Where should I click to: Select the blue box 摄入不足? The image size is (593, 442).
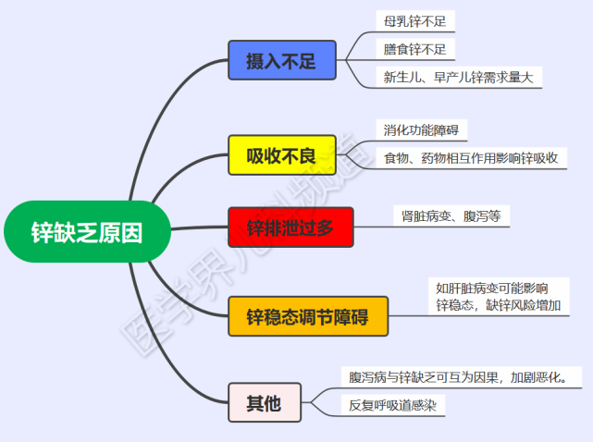(281, 61)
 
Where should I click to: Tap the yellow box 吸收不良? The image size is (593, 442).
(281, 155)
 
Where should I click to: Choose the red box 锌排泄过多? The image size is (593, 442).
(290, 227)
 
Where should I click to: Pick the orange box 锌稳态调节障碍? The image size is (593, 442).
(307, 316)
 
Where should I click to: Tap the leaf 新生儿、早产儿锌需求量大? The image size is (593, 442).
(459, 78)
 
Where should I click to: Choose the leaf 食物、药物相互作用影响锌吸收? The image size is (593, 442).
(471, 158)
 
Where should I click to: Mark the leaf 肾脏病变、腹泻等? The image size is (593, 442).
(451, 216)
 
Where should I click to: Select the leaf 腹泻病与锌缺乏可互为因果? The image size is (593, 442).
(465, 376)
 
